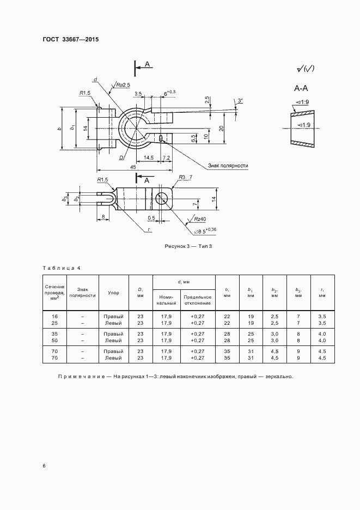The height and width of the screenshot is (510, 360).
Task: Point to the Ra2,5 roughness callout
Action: point(122,84)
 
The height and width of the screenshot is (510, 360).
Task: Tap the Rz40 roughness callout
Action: point(199,219)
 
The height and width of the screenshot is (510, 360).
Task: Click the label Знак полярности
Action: point(228,165)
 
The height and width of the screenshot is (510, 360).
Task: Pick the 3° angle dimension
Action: point(240,101)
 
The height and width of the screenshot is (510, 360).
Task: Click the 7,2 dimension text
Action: point(167,157)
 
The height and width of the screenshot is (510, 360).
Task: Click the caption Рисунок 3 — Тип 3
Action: point(188,247)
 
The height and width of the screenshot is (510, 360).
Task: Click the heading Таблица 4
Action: point(62,268)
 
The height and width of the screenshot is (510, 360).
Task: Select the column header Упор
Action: point(113,293)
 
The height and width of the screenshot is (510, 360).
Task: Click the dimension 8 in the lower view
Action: point(103,217)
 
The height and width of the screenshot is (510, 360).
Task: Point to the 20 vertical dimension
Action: point(222,128)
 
